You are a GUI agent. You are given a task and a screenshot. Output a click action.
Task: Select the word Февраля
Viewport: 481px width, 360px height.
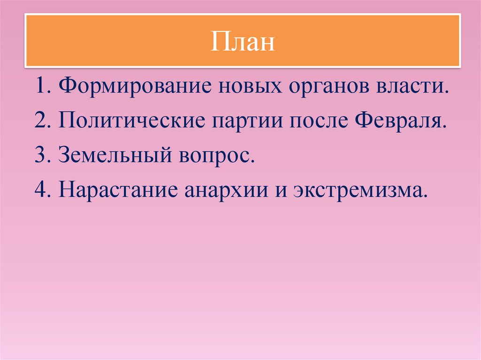(x=399, y=122)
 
